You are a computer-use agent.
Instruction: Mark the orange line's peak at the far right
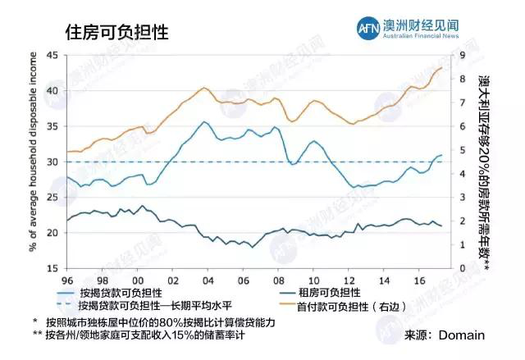coord(441,68)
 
